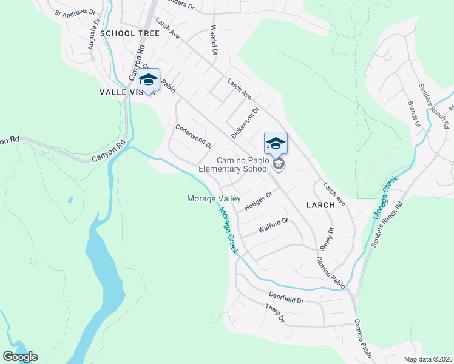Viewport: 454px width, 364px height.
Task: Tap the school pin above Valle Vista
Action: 148,80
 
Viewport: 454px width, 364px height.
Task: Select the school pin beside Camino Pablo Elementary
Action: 276,143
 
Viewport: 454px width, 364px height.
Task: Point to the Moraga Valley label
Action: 214,198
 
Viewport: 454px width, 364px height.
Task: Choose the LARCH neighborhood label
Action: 320,205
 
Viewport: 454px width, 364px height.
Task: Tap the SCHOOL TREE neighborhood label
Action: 130,33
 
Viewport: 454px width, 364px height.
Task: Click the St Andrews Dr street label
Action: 75,12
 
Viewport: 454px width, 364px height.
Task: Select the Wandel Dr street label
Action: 213,39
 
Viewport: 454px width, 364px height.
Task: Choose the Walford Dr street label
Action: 273,226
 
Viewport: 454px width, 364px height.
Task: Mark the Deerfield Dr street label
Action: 286,297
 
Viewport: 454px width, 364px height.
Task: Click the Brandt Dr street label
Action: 414,114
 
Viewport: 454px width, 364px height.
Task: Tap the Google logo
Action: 20,357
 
